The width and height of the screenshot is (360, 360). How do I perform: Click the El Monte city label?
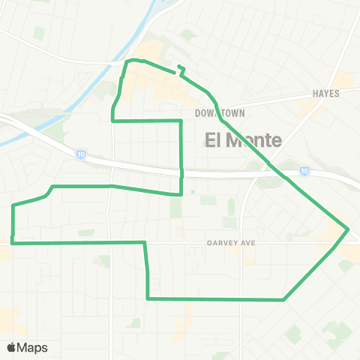(243, 139)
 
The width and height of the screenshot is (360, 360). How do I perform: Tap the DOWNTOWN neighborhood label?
(220, 113)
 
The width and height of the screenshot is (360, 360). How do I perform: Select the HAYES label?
(326, 94)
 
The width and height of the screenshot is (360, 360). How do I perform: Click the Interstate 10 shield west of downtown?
(79, 154)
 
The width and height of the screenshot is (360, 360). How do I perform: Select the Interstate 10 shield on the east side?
(304, 171)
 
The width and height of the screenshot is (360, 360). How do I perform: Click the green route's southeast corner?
(283, 299)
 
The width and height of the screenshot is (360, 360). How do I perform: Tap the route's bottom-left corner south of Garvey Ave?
(148, 298)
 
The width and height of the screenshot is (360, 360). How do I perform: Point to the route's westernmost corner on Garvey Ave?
(13, 243)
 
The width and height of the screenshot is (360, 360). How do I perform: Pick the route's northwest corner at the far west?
(13, 205)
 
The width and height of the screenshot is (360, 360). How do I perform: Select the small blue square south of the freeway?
(193, 190)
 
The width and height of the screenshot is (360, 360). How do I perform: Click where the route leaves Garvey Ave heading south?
(145, 242)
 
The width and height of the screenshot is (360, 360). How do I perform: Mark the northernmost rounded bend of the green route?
(133, 60)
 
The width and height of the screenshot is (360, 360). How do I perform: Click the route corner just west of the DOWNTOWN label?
(181, 120)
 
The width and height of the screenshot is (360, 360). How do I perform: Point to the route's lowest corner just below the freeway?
(181, 194)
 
